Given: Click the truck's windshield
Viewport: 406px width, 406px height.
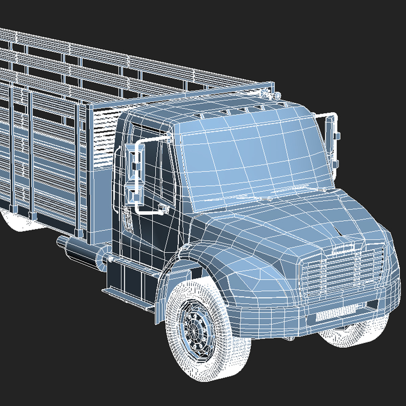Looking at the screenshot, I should coord(249,157).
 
